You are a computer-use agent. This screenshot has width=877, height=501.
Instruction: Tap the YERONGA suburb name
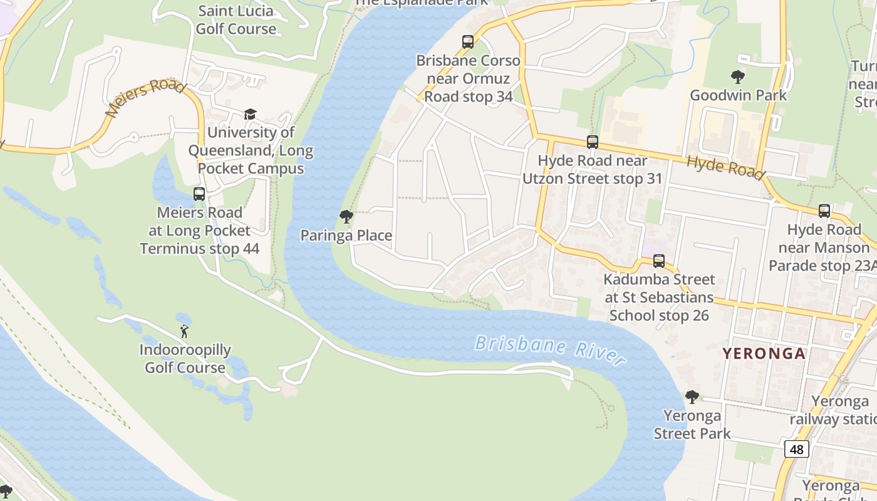point(764,353)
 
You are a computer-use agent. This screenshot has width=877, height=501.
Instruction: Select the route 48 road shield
point(796,449)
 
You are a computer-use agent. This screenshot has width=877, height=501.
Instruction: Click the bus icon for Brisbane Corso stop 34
point(468,42)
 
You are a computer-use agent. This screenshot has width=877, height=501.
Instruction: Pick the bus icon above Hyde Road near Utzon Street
point(593,142)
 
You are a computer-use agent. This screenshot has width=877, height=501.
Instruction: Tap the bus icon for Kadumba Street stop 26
point(659,261)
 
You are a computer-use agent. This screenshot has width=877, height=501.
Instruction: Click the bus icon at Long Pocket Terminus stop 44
point(199,194)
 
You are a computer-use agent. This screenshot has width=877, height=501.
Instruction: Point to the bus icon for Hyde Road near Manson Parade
point(824,211)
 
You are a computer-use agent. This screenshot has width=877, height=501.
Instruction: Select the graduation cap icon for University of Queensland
point(250,114)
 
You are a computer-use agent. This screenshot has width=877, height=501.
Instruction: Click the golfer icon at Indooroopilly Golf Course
point(184,331)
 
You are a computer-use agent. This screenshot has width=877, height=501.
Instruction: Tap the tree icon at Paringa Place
point(346,217)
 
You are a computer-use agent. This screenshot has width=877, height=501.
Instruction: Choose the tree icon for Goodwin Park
point(738,77)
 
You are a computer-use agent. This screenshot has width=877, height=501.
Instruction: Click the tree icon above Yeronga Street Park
point(692,396)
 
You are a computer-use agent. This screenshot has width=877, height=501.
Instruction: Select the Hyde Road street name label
point(725,167)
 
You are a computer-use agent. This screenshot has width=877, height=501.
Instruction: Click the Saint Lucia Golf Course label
point(236,20)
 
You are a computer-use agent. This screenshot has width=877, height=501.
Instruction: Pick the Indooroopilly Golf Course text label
point(185,359)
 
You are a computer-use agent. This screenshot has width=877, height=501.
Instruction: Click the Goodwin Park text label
point(738,95)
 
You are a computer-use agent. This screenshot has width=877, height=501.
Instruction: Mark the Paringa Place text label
point(346,235)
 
